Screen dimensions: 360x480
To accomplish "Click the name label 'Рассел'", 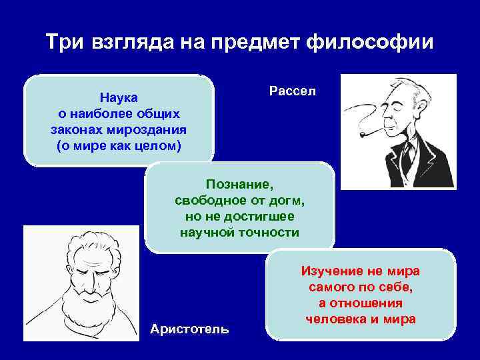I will tap(293, 90).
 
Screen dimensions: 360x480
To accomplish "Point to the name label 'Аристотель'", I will tap(190, 329).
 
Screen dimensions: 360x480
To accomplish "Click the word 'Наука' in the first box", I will tap(119, 99).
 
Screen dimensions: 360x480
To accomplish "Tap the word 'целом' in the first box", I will tap(159, 145).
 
